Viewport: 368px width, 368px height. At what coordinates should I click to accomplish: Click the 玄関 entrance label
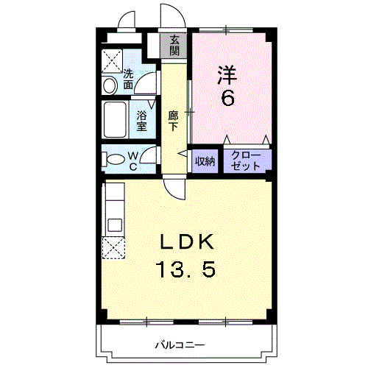coord(174,46)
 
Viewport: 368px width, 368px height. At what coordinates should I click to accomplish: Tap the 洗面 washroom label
coord(128,79)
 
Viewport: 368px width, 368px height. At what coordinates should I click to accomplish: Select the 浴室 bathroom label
coord(141,120)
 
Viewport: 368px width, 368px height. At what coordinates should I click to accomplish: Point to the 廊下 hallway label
coord(174,120)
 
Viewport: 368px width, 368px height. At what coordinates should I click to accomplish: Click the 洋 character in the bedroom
coord(226,74)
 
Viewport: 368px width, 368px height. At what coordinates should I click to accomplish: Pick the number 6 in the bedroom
coord(227,98)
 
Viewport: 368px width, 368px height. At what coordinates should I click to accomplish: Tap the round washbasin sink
coord(110,86)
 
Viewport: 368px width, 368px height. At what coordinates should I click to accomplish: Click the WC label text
coord(135,160)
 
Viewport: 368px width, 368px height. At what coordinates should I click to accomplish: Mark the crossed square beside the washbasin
coord(112,59)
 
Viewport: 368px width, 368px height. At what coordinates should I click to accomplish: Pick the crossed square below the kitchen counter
coord(114,249)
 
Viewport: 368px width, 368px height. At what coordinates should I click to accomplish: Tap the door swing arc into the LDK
coord(174,191)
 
